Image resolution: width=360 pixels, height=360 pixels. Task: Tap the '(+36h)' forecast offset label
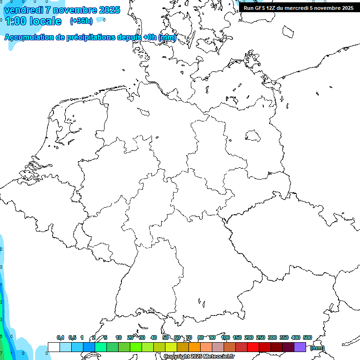point(81,21)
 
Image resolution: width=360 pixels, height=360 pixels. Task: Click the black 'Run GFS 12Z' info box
point(298,8)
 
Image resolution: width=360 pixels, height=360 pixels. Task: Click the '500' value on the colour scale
point(307,337)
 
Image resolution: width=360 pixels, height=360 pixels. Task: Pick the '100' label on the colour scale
point(225,337)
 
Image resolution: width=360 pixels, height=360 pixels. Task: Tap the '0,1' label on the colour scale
point(60,337)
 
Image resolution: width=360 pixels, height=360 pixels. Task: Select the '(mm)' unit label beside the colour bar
point(317,348)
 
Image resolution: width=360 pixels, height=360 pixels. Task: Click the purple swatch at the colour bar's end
point(300,347)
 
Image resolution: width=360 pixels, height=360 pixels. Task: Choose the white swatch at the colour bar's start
point(54,347)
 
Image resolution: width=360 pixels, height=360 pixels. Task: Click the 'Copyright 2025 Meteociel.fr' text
point(199,357)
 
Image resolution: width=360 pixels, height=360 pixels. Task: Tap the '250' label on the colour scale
point(261,337)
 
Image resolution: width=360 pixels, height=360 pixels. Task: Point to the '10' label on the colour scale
point(119,337)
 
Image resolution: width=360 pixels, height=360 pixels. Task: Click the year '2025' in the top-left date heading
point(109,9)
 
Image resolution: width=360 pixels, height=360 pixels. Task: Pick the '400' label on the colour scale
point(295,337)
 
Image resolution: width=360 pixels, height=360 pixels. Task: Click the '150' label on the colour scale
point(237,337)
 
